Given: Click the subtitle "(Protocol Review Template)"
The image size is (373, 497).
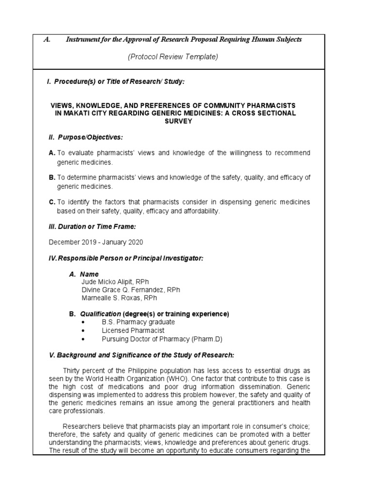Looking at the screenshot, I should pos(173,57).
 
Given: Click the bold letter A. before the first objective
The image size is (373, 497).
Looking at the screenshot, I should pos(52,153).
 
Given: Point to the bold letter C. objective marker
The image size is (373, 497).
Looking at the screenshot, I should pos(52,202).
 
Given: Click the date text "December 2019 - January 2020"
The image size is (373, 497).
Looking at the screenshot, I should pos(96,242).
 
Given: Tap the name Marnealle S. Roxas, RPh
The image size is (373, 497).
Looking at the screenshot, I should pos(119,298).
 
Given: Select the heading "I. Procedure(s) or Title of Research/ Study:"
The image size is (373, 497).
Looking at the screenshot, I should pos(115,82).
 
